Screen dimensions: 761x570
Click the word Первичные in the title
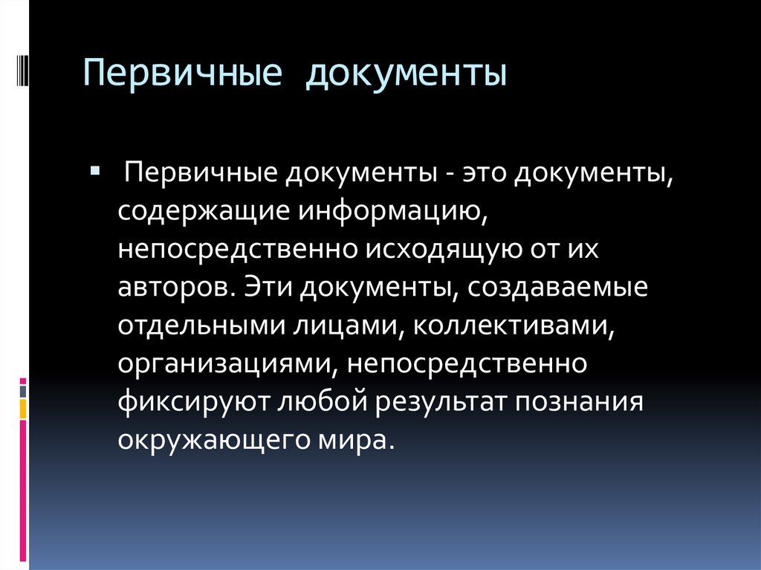coord(183,73)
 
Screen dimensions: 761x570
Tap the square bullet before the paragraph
coord(95,170)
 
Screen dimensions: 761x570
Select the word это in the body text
coord(484,173)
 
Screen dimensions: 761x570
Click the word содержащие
coord(204,212)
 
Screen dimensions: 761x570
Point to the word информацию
coord(392,212)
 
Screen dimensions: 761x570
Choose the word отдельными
coord(201,326)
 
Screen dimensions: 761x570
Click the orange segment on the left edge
coord(23,409)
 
